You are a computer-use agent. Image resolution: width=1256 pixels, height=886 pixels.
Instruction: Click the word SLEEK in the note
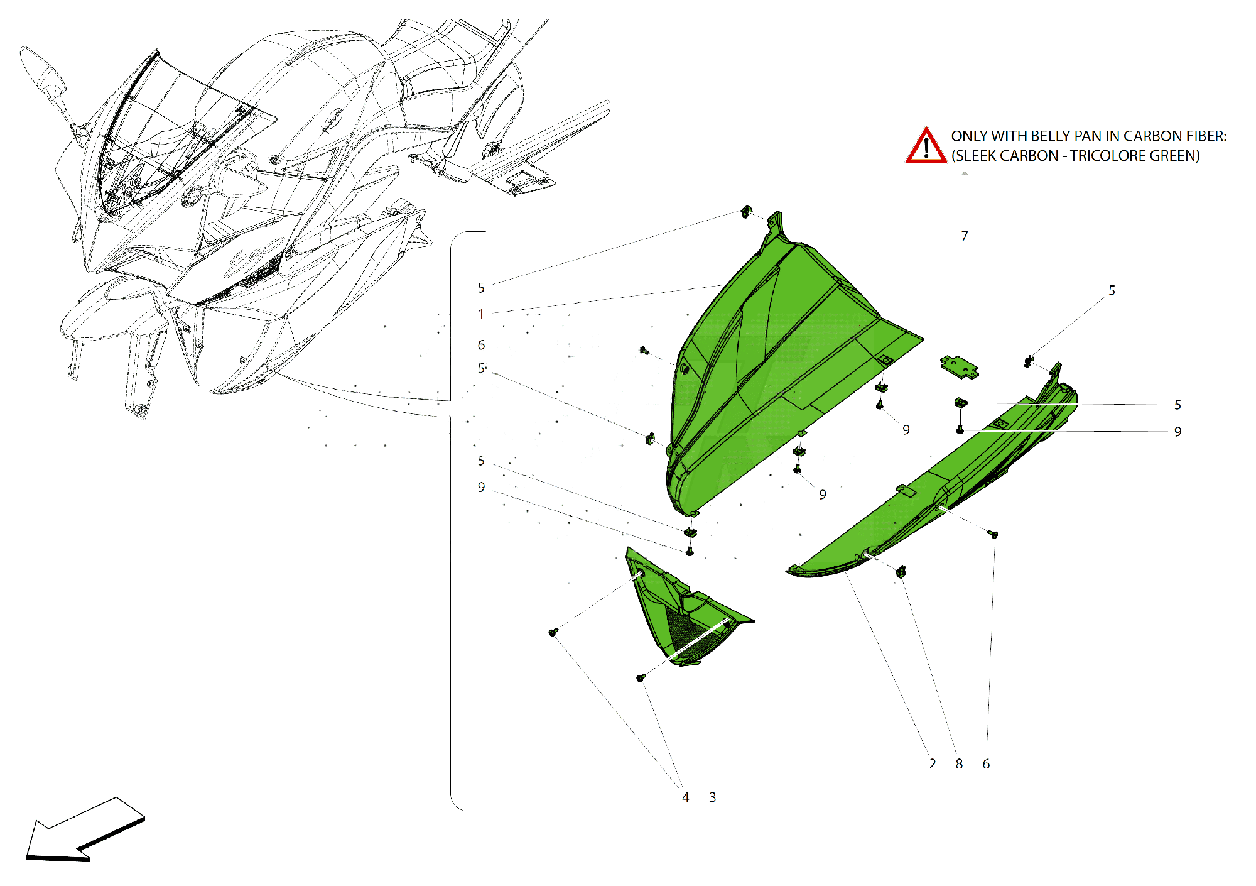coord(977,156)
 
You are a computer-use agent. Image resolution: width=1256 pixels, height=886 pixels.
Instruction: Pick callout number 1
coord(481,314)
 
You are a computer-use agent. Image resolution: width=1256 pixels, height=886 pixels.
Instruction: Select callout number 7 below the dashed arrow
coord(965,236)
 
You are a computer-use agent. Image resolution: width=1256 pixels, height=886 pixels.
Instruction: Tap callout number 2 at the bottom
coord(933,764)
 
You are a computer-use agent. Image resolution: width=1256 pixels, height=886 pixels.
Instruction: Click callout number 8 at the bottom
coord(959,764)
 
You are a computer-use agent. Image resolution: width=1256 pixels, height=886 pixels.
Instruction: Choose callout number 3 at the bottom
coord(713,797)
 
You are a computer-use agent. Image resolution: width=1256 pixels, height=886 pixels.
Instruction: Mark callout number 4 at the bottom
coord(686,797)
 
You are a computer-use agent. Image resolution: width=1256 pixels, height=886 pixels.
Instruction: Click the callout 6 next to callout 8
coord(986,764)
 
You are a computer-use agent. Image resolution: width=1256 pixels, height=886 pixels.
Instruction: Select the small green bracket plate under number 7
coord(959,367)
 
